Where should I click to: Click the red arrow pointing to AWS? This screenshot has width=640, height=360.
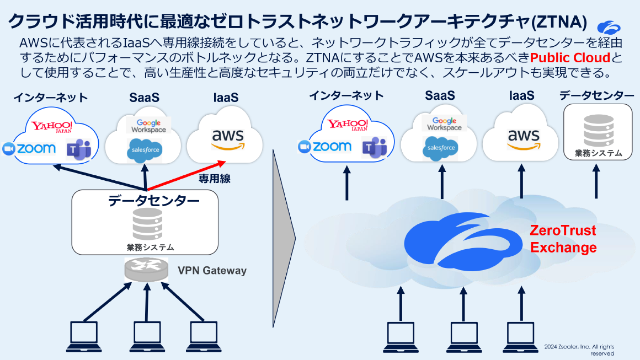(188, 175)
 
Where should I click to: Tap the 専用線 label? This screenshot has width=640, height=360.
(214, 179)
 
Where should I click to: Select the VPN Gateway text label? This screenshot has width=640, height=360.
(212, 271)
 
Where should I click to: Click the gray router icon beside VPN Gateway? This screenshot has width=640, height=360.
(146, 269)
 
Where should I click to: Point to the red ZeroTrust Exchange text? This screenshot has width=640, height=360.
(563, 239)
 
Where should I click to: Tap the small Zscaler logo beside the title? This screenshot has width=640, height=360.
(609, 26)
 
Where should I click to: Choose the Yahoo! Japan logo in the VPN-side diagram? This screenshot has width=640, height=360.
(51, 126)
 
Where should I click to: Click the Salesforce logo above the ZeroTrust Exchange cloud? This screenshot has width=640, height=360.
(440, 147)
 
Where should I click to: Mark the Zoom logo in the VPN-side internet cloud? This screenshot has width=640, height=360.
(30, 148)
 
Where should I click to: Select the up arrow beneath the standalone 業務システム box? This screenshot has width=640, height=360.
(596, 184)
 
